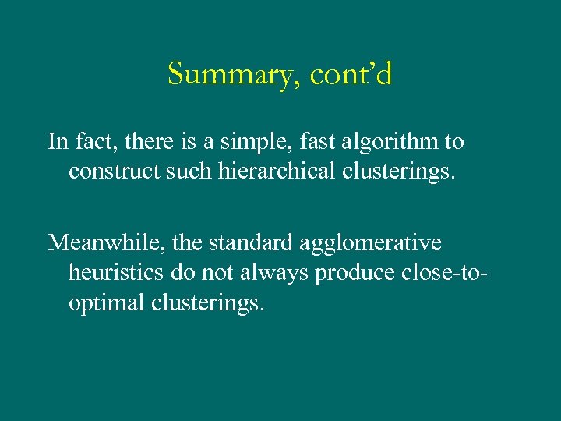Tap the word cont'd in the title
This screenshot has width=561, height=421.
351,76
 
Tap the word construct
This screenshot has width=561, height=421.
110,171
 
